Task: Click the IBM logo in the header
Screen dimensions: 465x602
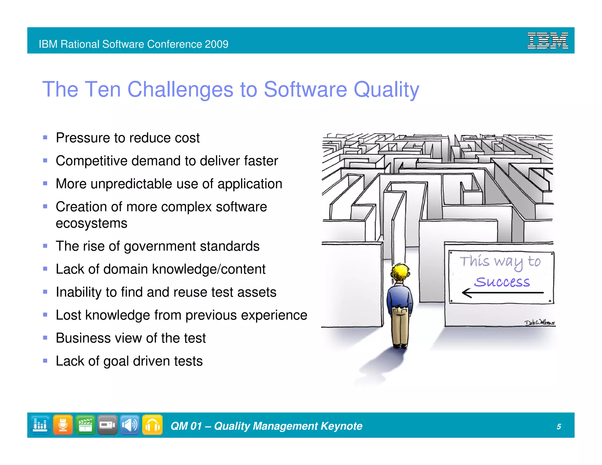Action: pos(547,41)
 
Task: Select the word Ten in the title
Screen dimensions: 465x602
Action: pos(103,89)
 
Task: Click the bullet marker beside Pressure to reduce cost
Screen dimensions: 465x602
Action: pos(45,138)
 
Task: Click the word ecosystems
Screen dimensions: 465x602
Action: pos(91,223)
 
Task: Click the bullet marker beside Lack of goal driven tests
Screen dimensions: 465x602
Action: pos(45,361)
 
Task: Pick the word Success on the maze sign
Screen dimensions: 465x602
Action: pos(502,282)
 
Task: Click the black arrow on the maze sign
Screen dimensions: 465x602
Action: pos(502,293)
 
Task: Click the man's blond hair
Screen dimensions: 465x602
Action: pos(400,272)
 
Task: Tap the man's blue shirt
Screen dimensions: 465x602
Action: pos(399,297)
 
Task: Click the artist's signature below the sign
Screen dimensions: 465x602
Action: pos(540,322)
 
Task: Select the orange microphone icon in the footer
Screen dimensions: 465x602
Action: pos(63,425)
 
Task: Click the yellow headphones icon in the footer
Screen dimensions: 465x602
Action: pos(152,425)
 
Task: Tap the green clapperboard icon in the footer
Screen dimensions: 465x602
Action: pos(85,425)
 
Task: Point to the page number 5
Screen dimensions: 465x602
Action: pos(558,426)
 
